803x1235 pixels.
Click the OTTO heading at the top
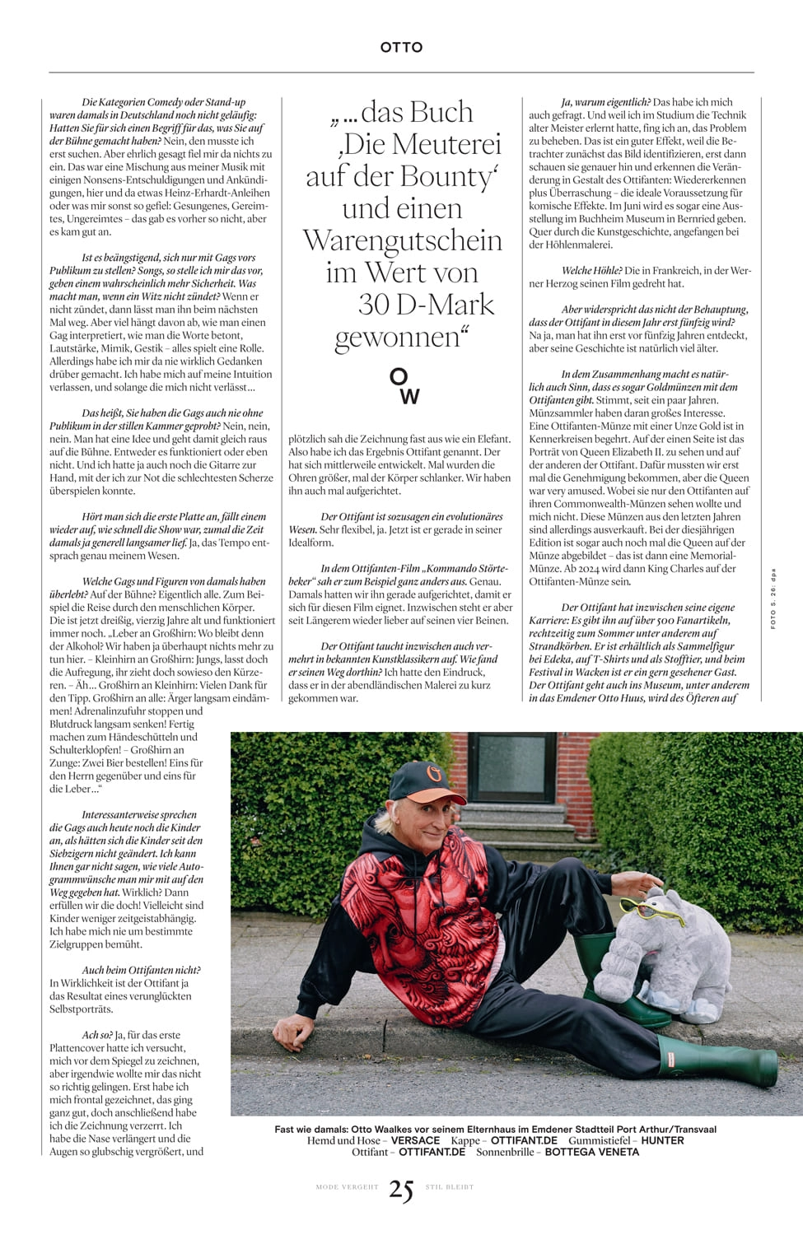[401, 48]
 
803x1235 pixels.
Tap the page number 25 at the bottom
[401, 1190]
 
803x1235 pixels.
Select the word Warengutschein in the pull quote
[402, 240]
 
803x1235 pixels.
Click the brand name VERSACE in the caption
[415, 1140]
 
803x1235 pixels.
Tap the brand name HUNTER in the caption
[662, 1140]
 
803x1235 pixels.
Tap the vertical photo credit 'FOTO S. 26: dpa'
[773, 599]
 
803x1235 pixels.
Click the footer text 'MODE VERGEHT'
[347, 1187]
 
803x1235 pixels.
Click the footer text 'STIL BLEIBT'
[450, 1187]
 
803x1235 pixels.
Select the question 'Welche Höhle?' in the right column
[591, 271]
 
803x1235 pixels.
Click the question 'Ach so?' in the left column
[97, 1035]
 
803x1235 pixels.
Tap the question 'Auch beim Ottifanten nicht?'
[141, 970]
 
